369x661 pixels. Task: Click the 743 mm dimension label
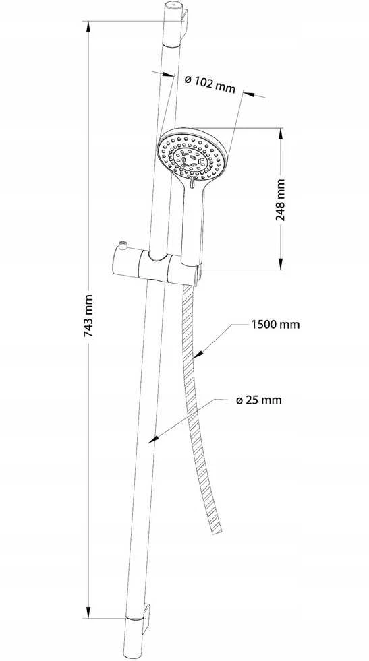pyautogui.click(x=88, y=315)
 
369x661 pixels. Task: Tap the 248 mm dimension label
pyautogui.click(x=280, y=200)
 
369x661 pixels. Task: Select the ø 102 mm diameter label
pyautogui.click(x=210, y=84)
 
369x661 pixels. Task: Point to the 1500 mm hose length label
pyautogui.click(x=275, y=325)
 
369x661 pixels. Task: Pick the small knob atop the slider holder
pyautogui.click(x=123, y=244)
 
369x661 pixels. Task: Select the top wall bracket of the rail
pyautogui.click(x=183, y=26)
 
